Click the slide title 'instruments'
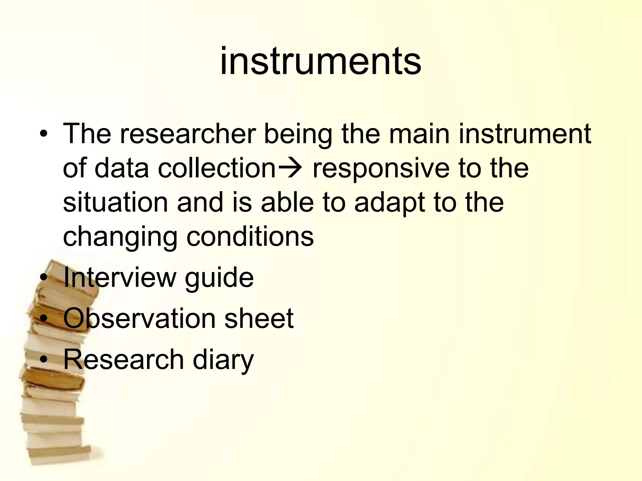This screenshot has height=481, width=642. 320,61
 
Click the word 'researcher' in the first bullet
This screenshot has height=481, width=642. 188,134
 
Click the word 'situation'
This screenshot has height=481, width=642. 116,203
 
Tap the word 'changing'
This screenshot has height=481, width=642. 120,237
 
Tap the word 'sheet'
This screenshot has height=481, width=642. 259,318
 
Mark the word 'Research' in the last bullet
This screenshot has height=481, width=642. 124,359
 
